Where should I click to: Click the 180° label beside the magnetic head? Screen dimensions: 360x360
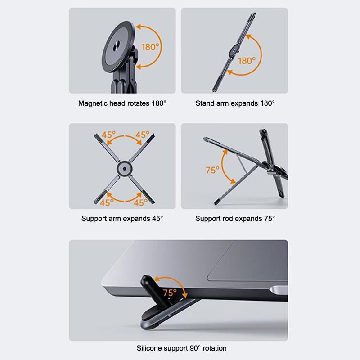150,47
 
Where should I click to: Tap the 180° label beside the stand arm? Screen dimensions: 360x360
247,61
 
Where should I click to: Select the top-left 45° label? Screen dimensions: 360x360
108,135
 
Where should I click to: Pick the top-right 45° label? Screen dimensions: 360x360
142,135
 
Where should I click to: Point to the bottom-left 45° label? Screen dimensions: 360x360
107,203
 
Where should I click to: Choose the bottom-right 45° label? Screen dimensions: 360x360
140,203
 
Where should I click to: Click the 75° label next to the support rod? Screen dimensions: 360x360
212,170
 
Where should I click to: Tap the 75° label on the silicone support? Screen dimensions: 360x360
170,293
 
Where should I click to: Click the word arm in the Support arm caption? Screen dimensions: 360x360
114,219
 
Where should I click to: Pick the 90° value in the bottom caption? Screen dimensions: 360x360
195,348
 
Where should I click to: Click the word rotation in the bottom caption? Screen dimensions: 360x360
215,348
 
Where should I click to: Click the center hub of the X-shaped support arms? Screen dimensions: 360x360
125,169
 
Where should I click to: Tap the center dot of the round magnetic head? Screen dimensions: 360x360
117,46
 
